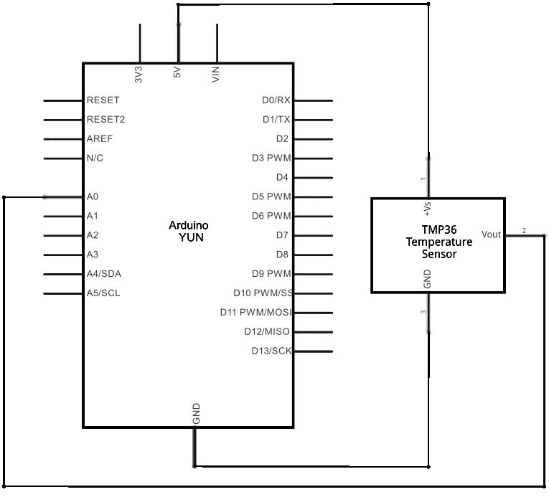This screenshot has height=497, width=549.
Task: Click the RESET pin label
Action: coord(103,100)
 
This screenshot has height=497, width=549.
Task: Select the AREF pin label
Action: coord(99,138)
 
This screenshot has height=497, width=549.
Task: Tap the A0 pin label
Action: coord(92,197)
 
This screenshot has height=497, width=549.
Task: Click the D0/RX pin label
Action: coord(276,100)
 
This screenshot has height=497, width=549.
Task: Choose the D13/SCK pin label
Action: coord(271,351)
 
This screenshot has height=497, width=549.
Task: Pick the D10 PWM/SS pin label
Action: coord(263,293)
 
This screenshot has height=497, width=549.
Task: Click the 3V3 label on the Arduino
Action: coord(139,74)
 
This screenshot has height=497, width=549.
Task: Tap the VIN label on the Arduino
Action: coord(216,74)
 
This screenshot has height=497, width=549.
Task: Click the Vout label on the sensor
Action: coord(492,235)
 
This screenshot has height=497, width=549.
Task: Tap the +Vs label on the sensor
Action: coord(428,207)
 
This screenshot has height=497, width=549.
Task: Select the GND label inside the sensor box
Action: coord(428,279)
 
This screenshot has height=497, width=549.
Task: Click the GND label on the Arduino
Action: coord(196,413)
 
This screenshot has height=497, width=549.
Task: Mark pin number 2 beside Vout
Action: coord(524,231)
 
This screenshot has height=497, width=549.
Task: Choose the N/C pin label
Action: coord(95,158)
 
